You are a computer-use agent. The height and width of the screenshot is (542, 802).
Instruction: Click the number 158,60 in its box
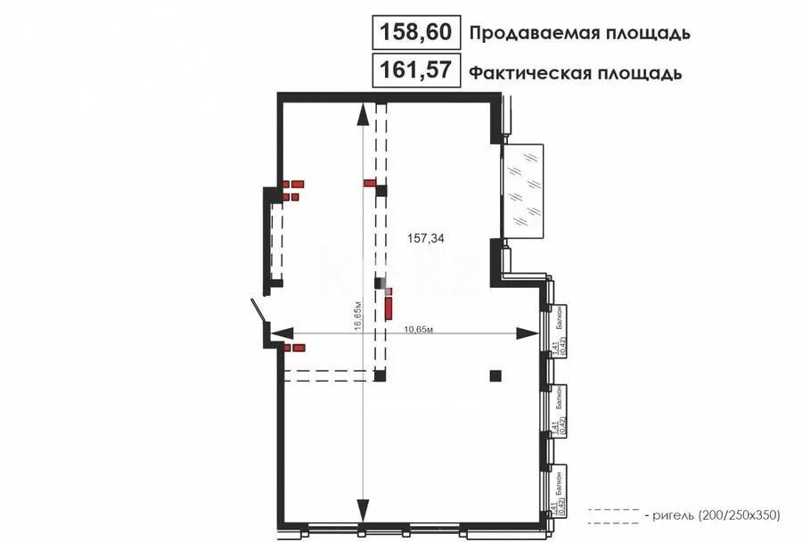click(x=416, y=34)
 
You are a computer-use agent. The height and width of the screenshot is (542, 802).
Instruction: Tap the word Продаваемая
click(x=525, y=34)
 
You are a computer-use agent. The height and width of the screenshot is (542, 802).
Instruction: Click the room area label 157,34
click(x=426, y=238)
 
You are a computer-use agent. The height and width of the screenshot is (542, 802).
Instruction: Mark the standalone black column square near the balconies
click(x=495, y=375)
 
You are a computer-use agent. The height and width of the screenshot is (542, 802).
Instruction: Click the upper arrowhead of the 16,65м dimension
click(x=363, y=113)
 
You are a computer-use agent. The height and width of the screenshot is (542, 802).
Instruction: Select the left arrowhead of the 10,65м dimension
click(x=279, y=333)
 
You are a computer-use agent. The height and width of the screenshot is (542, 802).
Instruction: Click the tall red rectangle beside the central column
click(x=389, y=308)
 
